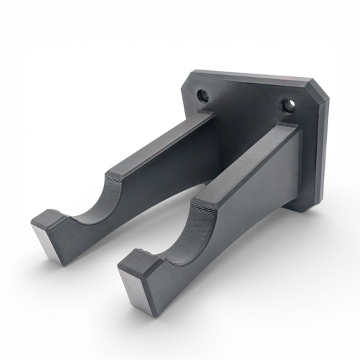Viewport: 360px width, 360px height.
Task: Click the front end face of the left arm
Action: click(x=47, y=238)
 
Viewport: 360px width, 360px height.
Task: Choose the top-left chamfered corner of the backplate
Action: click(x=188, y=78)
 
